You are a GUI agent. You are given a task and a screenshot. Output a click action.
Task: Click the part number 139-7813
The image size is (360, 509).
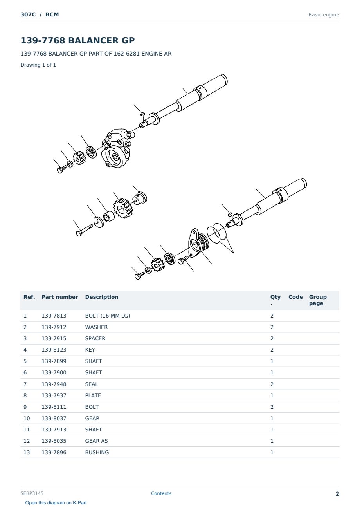tap(54, 316)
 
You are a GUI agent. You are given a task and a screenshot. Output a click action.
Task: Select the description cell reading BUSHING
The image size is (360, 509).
tap(97, 452)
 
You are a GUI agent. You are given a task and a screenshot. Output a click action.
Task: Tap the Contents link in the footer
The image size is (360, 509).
tap(161, 493)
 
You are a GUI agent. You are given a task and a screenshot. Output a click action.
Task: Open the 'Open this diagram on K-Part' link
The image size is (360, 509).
tap(56, 503)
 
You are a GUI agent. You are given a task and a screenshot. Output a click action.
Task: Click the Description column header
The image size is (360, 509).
tap(102, 297)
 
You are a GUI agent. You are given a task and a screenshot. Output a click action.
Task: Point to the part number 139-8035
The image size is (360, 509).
tap(54, 441)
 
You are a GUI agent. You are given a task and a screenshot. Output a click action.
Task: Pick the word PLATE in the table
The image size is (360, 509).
tap(93, 395)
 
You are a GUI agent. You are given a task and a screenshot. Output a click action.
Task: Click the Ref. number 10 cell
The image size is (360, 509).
tap(27, 418)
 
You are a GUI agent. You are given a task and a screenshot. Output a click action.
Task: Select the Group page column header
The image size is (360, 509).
tap(318, 300)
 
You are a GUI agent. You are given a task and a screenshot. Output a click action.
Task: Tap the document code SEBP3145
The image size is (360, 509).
tap(32, 493)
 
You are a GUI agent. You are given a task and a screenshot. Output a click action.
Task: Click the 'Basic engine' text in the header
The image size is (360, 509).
tap(324, 15)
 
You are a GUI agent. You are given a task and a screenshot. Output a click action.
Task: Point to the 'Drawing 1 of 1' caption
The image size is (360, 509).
tap(38, 65)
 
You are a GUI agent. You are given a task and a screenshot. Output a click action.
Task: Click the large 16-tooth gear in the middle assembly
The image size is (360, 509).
tap(122, 208)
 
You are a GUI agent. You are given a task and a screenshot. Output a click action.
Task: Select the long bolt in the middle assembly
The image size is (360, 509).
tap(85, 230)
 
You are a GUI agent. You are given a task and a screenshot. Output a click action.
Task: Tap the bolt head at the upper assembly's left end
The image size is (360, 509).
tap(60, 170)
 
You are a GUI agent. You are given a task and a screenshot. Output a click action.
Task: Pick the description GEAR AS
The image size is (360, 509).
tap(96, 441)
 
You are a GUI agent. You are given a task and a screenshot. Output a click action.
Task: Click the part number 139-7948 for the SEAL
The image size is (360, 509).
tap(54, 384)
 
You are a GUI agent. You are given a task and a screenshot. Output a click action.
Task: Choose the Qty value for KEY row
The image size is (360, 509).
tap(272, 350)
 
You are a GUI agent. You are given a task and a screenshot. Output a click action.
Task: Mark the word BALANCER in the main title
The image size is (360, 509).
tap(94, 40)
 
